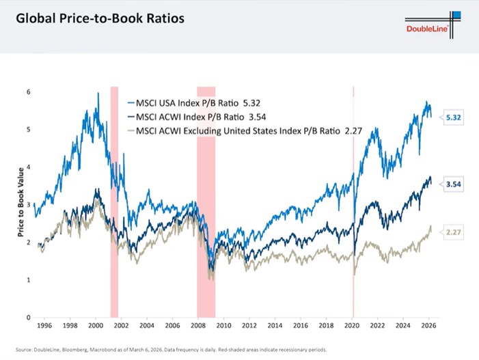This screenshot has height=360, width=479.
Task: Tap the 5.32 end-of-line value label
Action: (453, 117)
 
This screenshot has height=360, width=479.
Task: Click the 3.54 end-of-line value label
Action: (453, 184)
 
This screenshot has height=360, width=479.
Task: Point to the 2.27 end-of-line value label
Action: (453, 232)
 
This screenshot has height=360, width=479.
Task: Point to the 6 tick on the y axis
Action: (28, 92)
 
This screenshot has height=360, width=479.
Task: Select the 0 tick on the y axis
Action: (28, 318)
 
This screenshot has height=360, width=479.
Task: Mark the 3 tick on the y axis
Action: (28, 204)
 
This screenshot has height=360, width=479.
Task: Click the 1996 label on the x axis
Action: (44, 327)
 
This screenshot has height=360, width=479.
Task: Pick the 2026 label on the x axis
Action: (428, 327)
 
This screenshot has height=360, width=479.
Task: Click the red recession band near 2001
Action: (114, 205)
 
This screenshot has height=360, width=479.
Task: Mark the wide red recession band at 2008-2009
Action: (206, 205)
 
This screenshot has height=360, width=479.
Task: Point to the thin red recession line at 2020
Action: (353, 205)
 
